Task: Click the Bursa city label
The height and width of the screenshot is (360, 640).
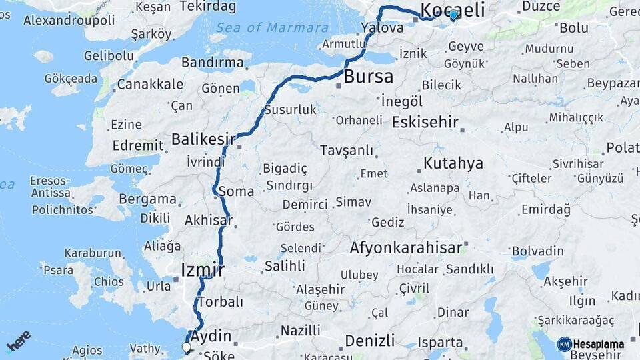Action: [x=368, y=77]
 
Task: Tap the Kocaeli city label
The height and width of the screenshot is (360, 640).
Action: [x=452, y=9]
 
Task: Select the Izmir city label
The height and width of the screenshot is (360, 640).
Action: [x=203, y=270]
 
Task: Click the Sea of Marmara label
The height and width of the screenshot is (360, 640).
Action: [x=272, y=28]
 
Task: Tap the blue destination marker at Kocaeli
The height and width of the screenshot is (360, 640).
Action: [x=453, y=15]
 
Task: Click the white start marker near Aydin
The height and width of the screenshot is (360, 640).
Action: [x=186, y=347]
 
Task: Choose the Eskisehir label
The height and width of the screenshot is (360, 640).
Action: [x=425, y=122]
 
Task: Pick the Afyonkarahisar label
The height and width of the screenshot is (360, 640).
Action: [x=405, y=248]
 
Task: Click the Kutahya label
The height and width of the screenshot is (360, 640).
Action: [x=453, y=163]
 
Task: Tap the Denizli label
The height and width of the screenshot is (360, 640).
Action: [x=369, y=341]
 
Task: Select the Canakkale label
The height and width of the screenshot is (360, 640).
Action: [x=150, y=84]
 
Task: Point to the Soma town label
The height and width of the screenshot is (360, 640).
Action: [x=236, y=191]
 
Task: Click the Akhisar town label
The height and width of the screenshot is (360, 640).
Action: [x=208, y=220]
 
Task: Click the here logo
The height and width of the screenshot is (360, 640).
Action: [x=18, y=341]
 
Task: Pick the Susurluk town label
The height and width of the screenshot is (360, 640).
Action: [x=290, y=109]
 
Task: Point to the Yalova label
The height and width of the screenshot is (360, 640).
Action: [x=382, y=28]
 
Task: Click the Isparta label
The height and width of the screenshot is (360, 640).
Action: [x=440, y=343]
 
